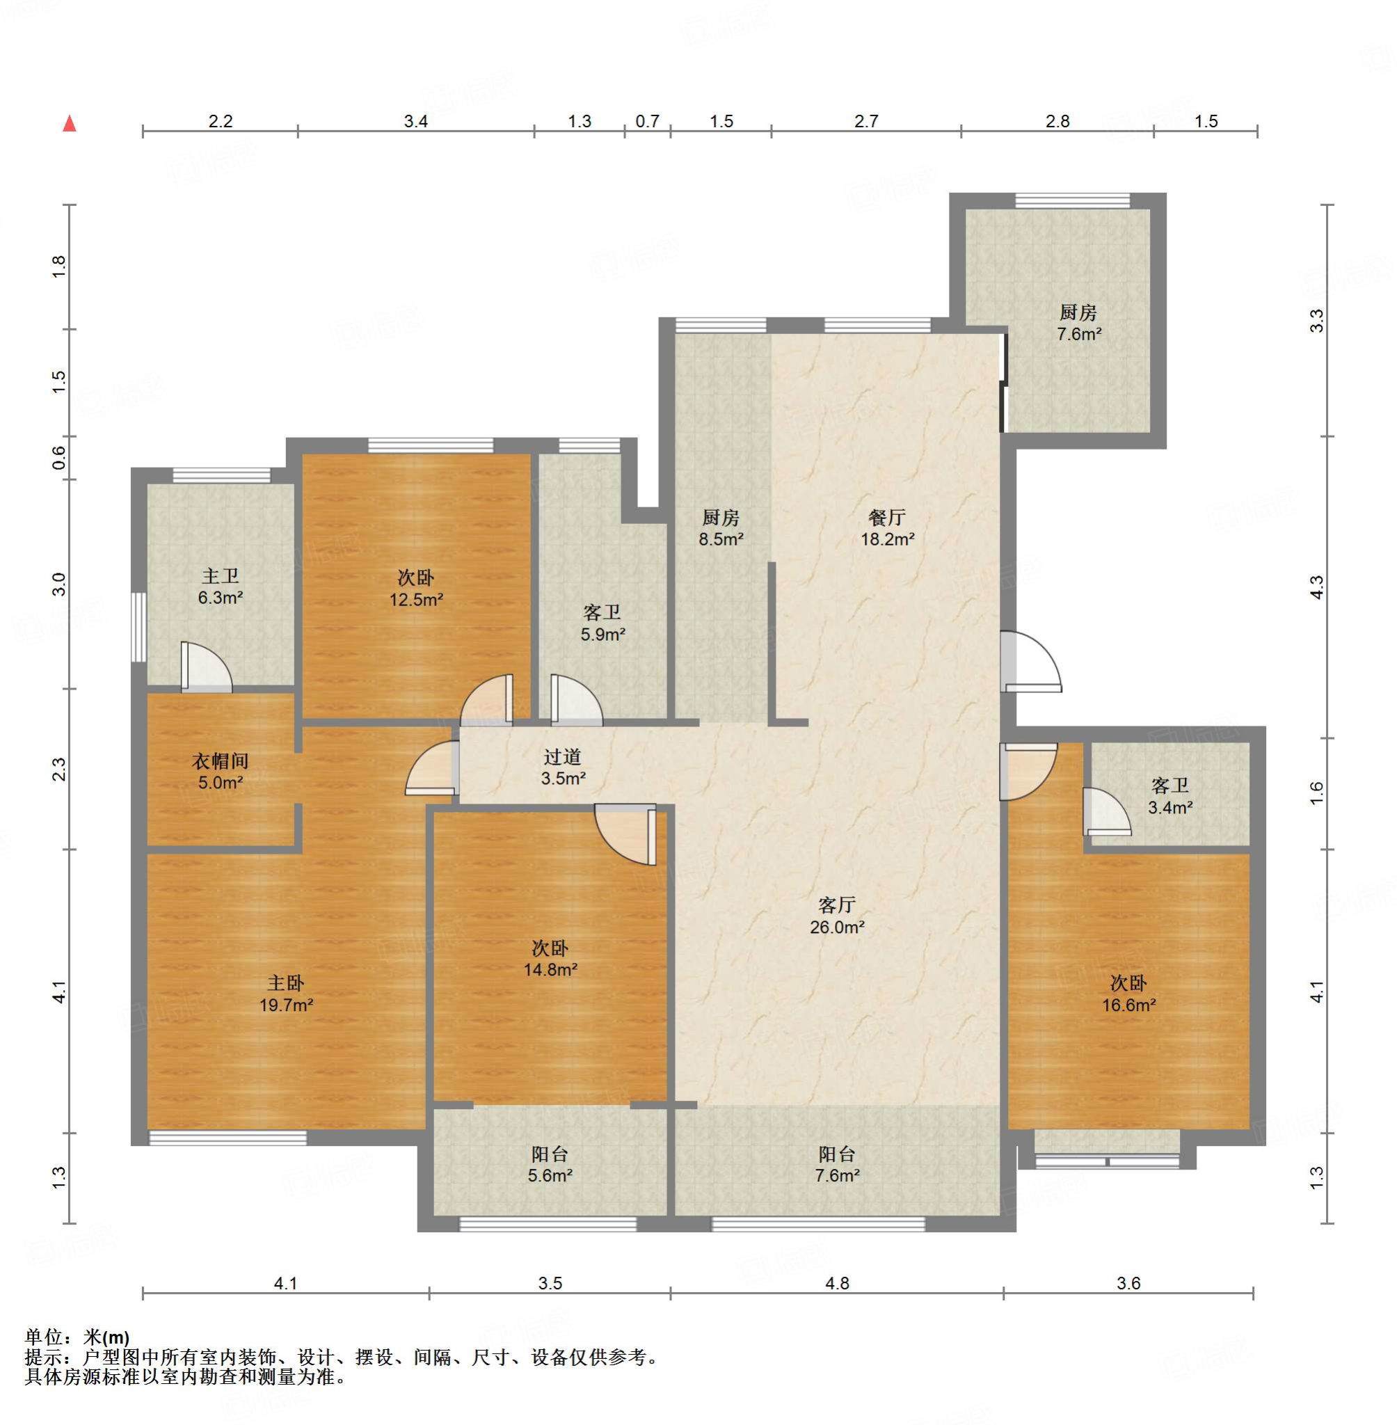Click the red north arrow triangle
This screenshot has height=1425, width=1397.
click(70, 123)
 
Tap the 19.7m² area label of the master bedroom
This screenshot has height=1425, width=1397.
click(286, 1005)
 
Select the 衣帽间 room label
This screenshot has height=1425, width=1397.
click(221, 761)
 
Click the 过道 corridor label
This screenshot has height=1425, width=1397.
click(563, 756)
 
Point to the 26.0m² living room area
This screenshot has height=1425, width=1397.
click(837, 928)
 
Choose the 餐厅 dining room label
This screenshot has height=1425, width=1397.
click(887, 517)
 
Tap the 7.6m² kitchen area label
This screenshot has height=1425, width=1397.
click(1078, 335)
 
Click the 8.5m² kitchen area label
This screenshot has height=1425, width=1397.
click(721, 540)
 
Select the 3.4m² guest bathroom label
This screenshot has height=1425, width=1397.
click(1170, 809)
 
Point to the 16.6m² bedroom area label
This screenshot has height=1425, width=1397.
click(1129, 1005)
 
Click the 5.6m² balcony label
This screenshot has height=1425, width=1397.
click(550, 1175)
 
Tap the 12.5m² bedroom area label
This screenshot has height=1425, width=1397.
click(416, 600)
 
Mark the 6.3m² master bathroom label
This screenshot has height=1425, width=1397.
click(221, 598)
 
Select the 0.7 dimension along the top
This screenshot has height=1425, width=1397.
click(647, 121)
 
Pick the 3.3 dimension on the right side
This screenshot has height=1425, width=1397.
click(1317, 321)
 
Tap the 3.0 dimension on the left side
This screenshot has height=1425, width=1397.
click(58, 584)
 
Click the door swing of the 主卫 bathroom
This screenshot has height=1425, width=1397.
click(206, 667)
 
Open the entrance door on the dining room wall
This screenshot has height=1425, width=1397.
click(1030, 661)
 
